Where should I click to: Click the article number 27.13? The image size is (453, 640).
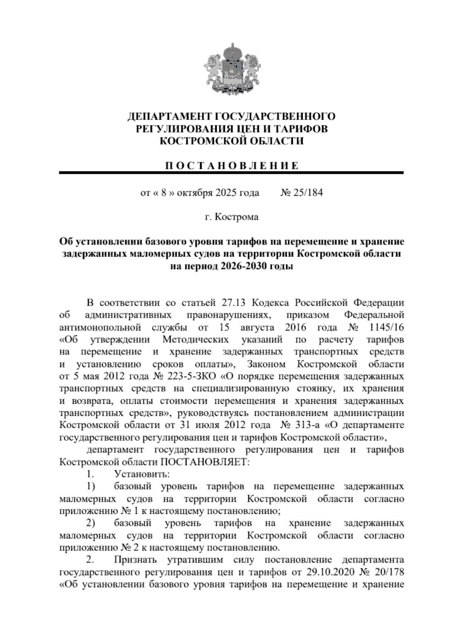coord(234,303)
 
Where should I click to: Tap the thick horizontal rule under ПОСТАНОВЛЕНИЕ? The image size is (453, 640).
coord(231,173)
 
